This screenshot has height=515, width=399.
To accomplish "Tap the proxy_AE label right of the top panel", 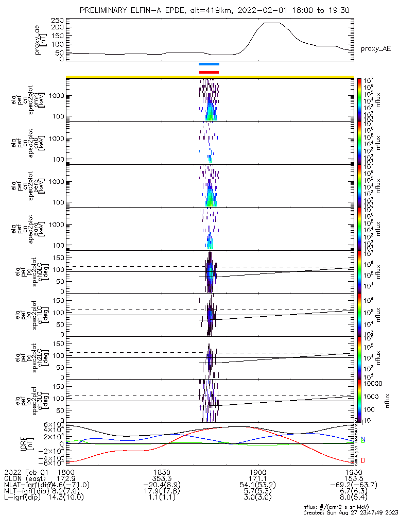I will pyautogui.click(x=375, y=48).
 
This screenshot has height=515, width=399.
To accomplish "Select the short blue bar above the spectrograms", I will pyautogui.click(x=209, y=64).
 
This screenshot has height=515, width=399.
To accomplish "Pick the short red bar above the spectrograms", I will pyautogui.click(x=209, y=72).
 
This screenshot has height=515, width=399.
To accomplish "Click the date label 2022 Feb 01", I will pyautogui.click(x=25, y=472).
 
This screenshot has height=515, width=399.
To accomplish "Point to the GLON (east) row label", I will pyautogui.click(x=25, y=479).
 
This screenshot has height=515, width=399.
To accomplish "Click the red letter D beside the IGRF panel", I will pyautogui.click(x=363, y=460).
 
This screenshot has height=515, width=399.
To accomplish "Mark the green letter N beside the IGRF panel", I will pyautogui.click(x=363, y=439).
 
